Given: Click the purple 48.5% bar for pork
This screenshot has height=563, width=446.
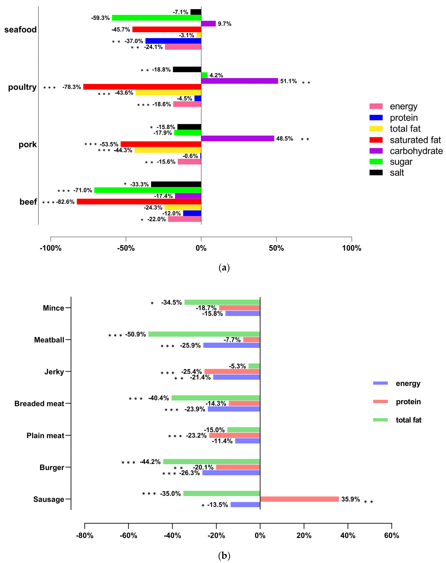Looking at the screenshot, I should click(x=237, y=138).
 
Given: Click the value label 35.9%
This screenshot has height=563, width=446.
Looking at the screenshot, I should click(x=350, y=499).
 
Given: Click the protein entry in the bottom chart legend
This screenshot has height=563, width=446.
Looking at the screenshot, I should click(x=408, y=402).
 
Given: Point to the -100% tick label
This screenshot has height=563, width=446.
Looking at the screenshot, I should click(x=51, y=248).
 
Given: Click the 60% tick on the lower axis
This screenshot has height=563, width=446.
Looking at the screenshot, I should click(x=391, y=536).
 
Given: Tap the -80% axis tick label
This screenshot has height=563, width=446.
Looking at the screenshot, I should click(x=85, y=536).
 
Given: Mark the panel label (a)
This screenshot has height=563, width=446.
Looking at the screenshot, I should click(x=224, y=268).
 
